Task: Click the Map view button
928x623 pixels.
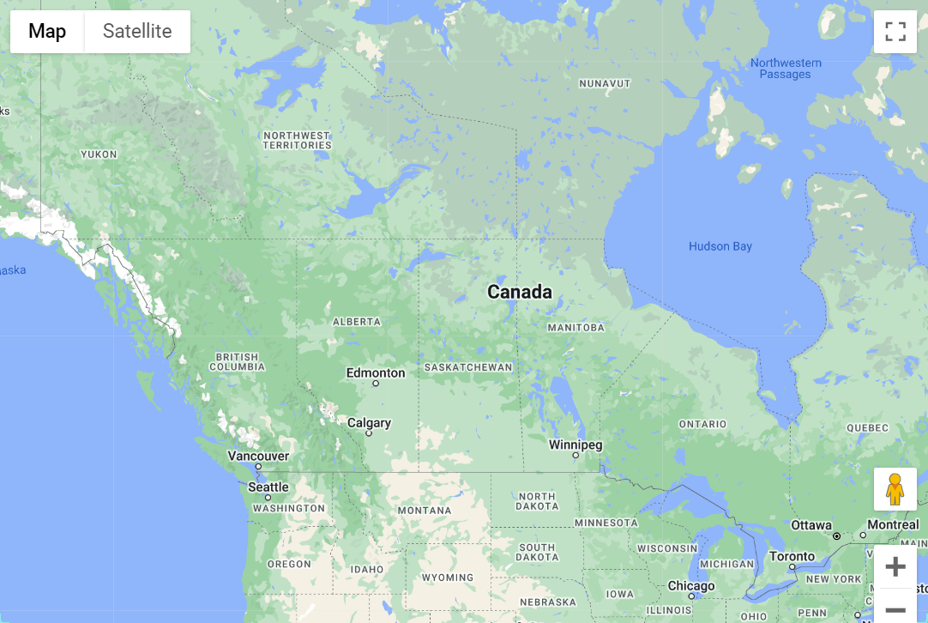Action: coord(47,32)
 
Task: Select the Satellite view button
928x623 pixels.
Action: coord(137,32)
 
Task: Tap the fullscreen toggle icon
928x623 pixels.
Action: coord(895,32)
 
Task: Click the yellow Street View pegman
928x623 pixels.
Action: coord(895,489)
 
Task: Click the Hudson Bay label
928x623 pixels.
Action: coord(720,246)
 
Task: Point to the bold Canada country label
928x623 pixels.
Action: coord(520,292)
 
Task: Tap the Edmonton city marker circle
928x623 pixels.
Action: coord(375,384)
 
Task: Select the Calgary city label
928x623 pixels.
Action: coord(369,422)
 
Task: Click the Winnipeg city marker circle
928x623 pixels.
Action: coord(575,456)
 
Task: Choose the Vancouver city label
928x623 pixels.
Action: coord(258,456)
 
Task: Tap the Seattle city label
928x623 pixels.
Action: coord(268,487)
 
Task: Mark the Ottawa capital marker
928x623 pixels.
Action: coord(837,535)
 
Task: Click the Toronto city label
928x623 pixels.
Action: coord(792,556)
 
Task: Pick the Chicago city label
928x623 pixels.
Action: coord(691,586)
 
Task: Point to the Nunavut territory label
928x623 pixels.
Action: coord(605,83)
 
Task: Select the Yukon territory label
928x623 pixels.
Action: coord(98,154)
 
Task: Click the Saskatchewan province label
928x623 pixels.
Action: coord(467,367)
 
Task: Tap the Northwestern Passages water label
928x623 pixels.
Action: coord(786,69)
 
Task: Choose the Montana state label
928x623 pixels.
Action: coord(424,511)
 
